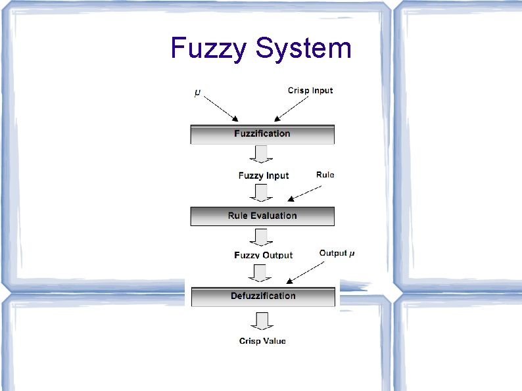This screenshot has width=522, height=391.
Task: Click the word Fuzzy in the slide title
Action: tap(208, 49)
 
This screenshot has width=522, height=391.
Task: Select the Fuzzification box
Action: tap(262, 134)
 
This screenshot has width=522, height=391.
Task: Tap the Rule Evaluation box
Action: tap(262, 216)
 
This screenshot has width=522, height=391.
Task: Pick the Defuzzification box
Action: tap(263, 296)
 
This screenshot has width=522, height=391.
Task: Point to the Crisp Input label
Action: tap(310, 91)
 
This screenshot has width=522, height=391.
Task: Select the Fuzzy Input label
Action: tap(263, 175)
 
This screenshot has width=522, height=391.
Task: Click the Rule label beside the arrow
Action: tap(325, 175)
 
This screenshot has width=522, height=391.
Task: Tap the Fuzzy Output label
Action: tap(263, 255)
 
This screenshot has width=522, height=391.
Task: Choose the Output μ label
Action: tap(337, 253)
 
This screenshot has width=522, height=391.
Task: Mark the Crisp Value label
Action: tap(262, 341)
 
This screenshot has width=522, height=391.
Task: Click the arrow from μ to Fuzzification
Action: tap(220, 107)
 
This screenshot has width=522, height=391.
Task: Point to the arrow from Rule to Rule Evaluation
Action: tap(305, 194)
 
